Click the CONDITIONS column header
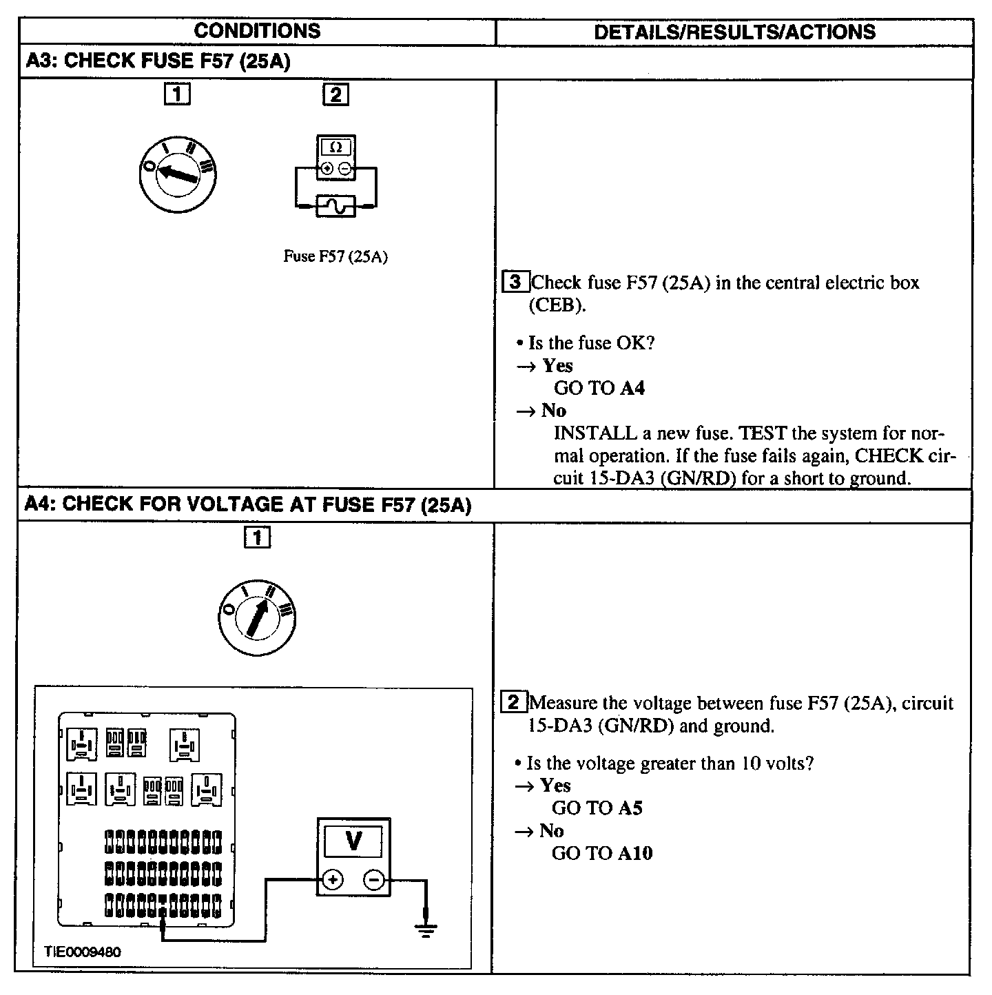pos(257,31)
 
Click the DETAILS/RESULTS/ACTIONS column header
pos(734,32)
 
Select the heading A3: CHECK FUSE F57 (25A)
pos(158,61)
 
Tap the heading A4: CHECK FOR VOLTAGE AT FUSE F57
pos(247,505)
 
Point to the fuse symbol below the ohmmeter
pos(336,205)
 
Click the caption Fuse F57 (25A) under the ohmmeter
pos(335,256)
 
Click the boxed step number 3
pos(517,282)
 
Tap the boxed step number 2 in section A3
pos(335,94)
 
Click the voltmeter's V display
pos(353,841)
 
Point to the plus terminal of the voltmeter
pos(333,880)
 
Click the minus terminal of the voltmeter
pos(374,880)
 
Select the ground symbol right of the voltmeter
pos(426,932)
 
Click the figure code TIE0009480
pos(83,952)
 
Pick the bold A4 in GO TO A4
pos(632,388)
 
